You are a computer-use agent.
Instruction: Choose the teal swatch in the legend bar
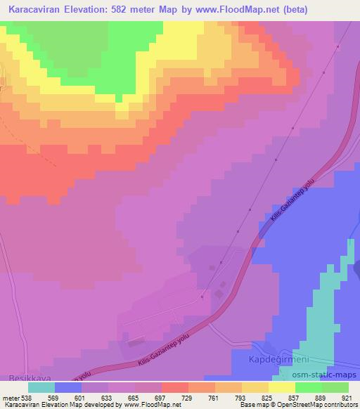pyautogui.click(x=41, y=387)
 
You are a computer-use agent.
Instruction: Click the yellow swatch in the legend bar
pyautogui.click(x=281, y=387)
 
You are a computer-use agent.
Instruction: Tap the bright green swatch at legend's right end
pyautogui.click(x=335, y=387)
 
